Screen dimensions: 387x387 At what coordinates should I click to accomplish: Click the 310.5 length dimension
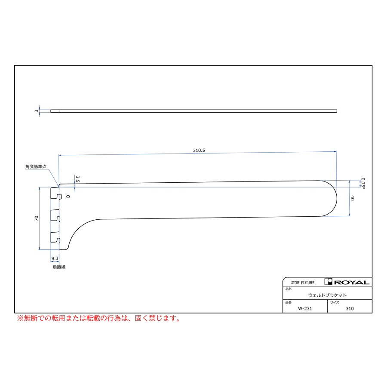(x=199, y=150)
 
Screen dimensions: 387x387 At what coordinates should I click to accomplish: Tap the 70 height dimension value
(x=37, y=218)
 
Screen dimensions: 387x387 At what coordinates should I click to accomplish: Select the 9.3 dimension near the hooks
(x=55, y=258)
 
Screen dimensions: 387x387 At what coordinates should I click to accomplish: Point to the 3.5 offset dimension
(x=77, y=179)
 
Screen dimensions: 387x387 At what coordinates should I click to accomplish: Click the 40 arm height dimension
(x=353, y=198)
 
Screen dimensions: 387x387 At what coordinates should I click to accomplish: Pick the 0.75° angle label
(x=363, y=183)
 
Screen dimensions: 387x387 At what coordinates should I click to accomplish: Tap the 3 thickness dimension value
(x=37, y=111)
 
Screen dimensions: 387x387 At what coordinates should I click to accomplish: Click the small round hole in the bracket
(x=68, y=197)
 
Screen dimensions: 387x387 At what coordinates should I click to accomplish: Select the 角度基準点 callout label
(x=36, y=166)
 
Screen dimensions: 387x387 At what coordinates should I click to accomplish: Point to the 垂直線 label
(x=59, y=267)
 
